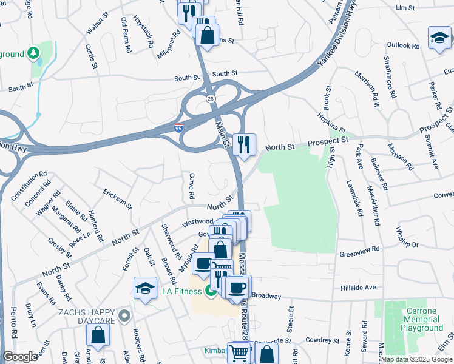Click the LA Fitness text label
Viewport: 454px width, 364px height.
coord(181,292)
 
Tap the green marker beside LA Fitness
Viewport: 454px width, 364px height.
coord(211,292)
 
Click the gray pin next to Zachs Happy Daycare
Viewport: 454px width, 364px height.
coord(125,315)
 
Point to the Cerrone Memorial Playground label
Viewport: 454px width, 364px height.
coord(422,319)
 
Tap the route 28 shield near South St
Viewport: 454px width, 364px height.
coord(211,98)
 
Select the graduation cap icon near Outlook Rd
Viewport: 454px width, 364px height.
coord(439,38)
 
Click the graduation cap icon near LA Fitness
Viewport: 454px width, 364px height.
coord(146,288)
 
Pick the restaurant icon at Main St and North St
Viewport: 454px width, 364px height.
coord(244,145)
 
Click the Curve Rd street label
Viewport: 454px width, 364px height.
coord(191,185)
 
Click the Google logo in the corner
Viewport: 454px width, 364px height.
coord(20,357)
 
